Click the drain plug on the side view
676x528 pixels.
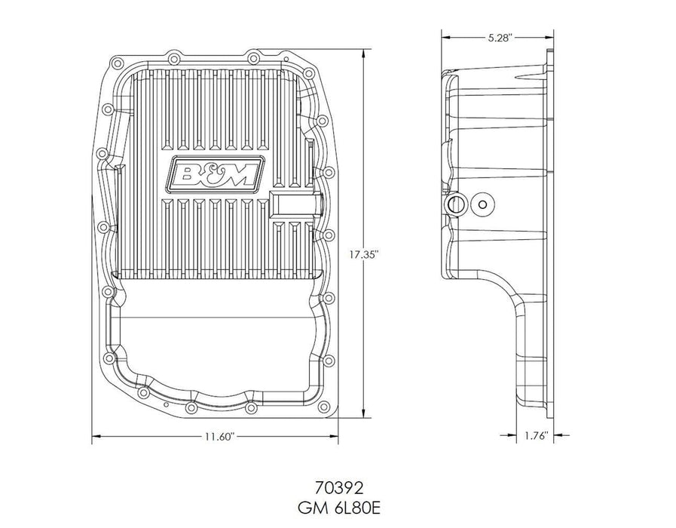coord(455,204)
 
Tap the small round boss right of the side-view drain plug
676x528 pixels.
coord(482,204)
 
